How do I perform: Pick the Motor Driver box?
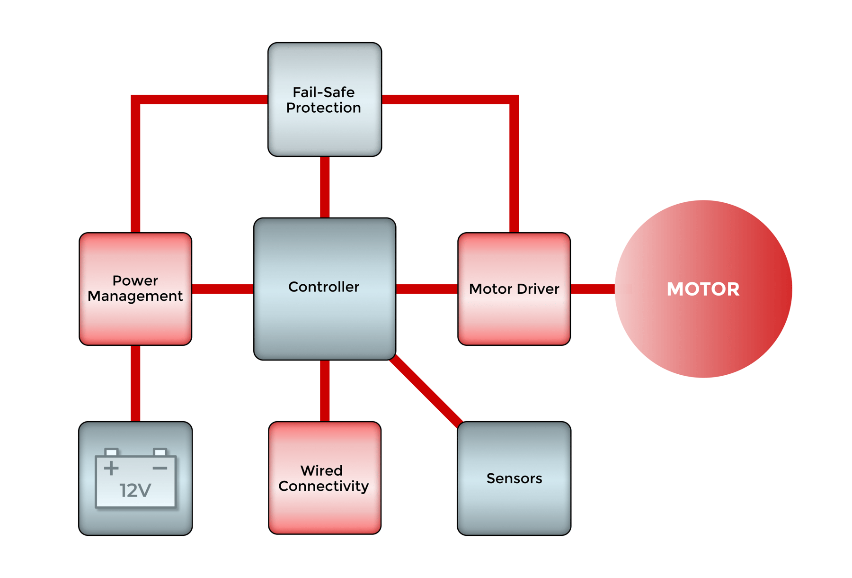[x=514, y=317]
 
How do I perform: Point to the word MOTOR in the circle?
[x=703, y=289]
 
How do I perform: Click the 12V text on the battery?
[x=135, y=490]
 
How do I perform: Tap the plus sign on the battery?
[x=111, y=468]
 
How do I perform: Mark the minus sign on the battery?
[x=160, y=468]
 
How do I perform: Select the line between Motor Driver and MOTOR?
[x=593, y=289]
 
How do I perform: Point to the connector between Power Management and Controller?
[x=222, y=289]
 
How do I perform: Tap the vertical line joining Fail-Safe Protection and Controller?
[x=325, y=187]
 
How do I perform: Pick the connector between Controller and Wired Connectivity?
[x=325, y=391]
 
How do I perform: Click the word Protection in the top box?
[x=324, y=108]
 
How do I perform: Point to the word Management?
[x=135, y=296]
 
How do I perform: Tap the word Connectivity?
[x=324, y=486]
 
